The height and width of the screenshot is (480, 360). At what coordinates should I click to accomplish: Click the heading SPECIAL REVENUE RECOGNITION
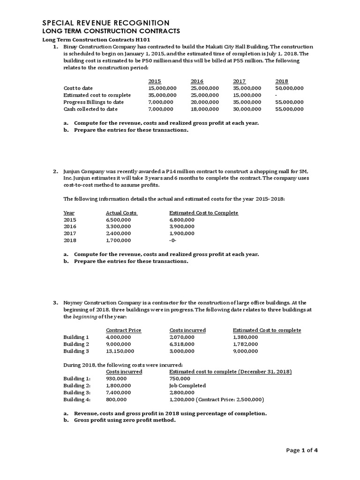pos(106,22)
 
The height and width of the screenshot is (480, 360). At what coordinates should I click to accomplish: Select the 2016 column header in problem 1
pos(197,81)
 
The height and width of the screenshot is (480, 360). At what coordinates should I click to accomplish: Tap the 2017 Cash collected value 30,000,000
pos(247,109)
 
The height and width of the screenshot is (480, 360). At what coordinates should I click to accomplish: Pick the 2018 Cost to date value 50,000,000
pos(289,88)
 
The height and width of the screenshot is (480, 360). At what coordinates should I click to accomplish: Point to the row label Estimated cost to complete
pos(97,95)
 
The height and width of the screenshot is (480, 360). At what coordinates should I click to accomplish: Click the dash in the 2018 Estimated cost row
pos(277,95)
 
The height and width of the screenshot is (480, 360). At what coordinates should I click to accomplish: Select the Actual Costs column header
pos(121,213)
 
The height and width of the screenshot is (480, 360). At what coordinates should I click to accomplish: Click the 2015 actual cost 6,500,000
pos(119,220)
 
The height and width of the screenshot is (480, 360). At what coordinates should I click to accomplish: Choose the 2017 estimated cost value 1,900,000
pos(183,233)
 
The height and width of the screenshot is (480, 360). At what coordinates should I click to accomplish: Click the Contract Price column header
pos(123,330)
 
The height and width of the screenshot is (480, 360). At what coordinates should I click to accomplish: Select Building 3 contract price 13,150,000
pos(120,351)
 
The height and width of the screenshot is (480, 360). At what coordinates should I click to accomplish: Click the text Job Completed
pos(187,386)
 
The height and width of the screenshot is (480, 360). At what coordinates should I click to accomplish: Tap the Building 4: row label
pos(77,400)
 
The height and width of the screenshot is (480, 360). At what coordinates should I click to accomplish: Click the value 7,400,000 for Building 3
pos(119,393)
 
